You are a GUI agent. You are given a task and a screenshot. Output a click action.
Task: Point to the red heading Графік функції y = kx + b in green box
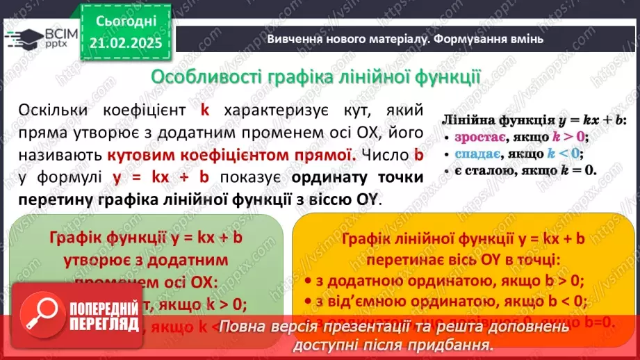(145, 238)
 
